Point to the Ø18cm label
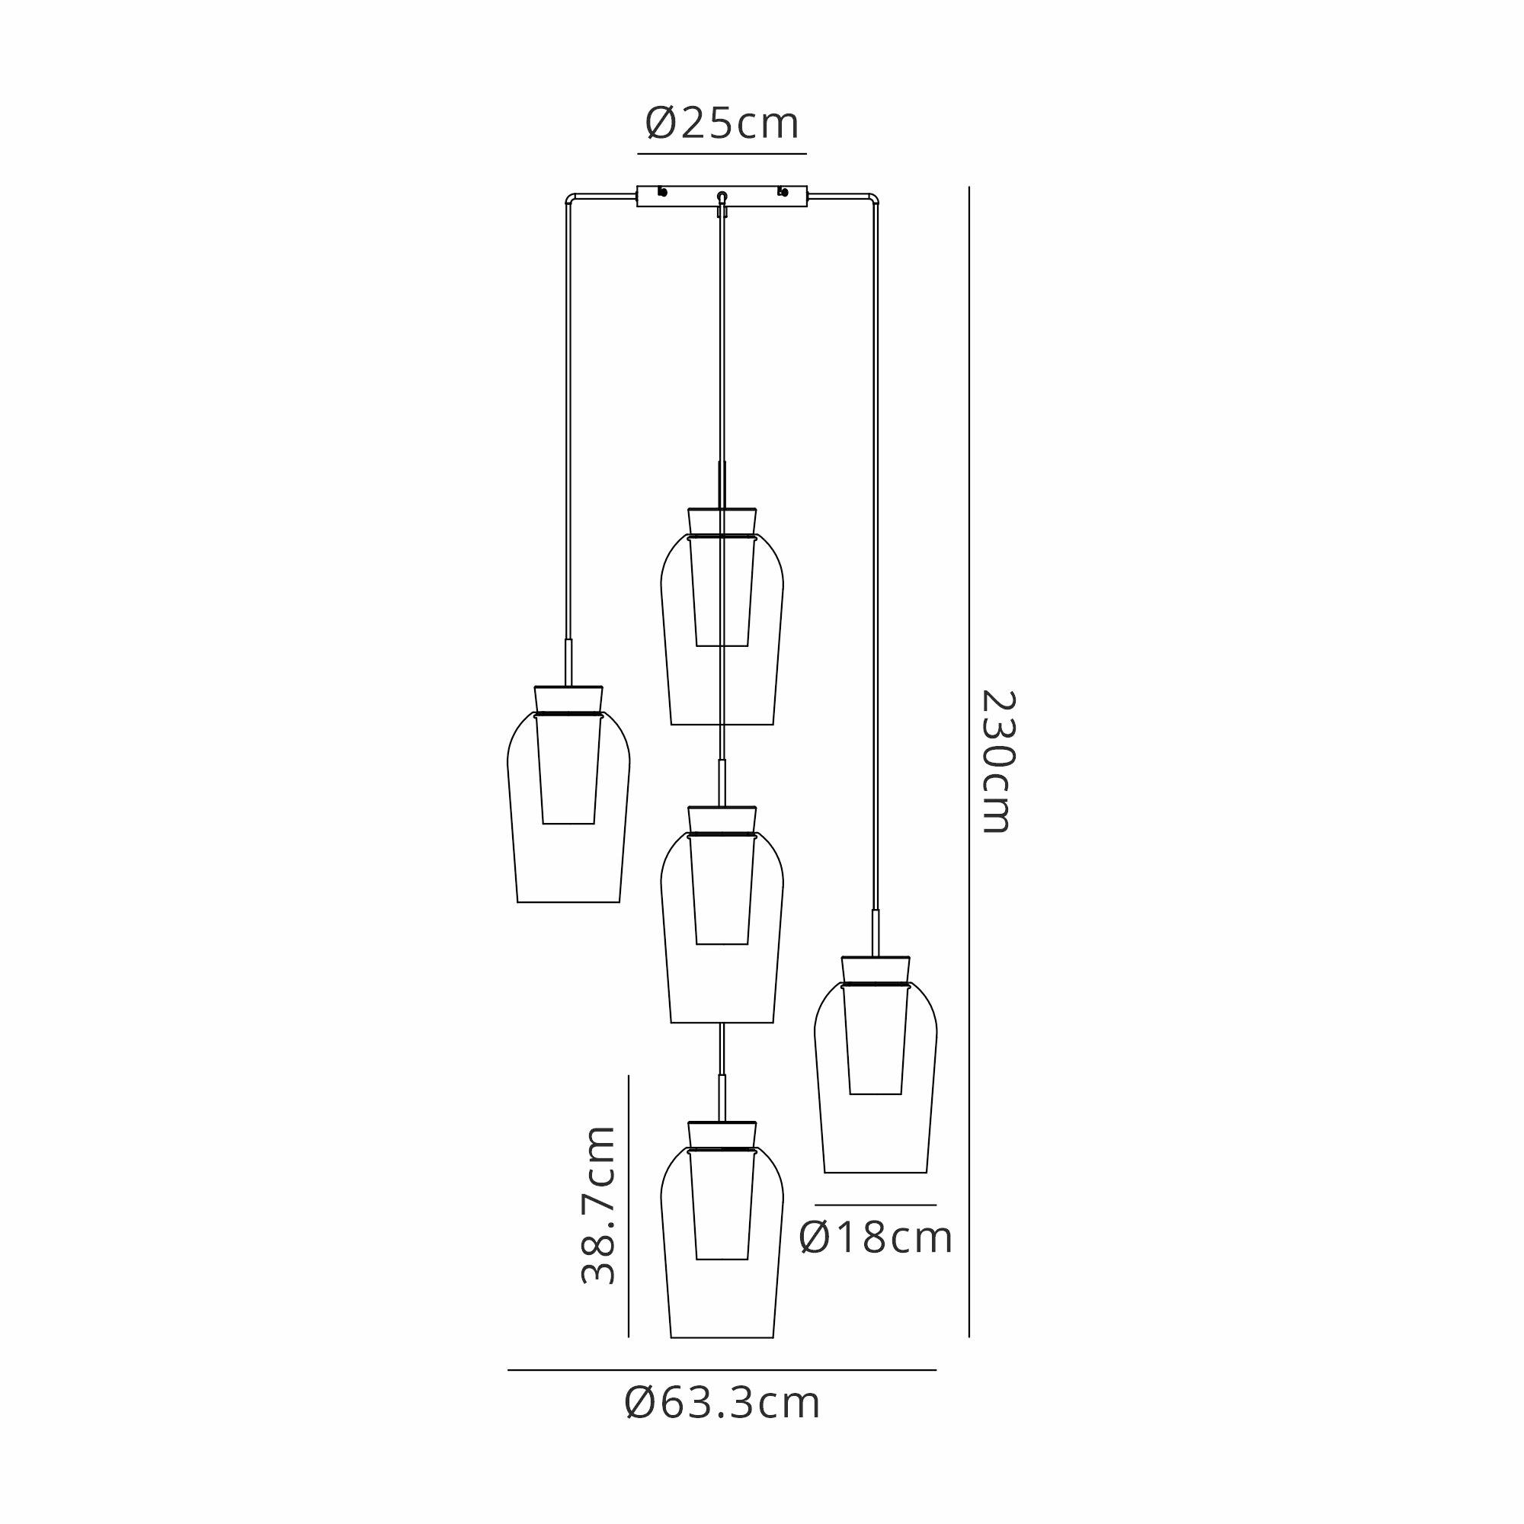pos(876,1237)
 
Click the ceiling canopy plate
pos(722,197)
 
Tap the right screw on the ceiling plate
pos(783,192)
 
